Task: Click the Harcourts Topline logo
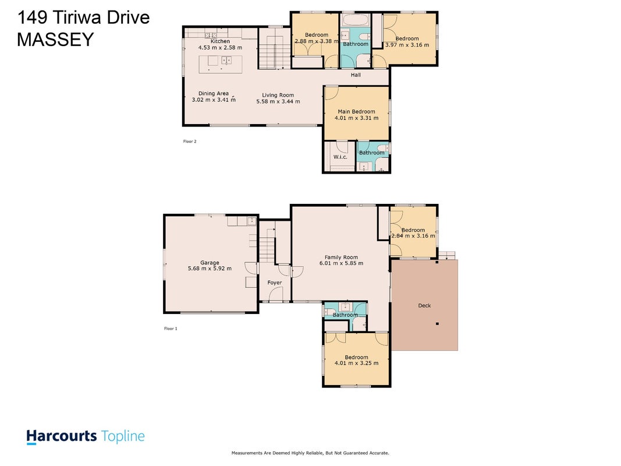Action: pyautogui.click(x=86, y=437)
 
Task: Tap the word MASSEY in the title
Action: pyautogui.click(x=55, y=39)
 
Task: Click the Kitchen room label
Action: pyautogui.click(x=220, y=41)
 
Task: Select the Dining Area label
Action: pyautogui.click(x=214, y=94)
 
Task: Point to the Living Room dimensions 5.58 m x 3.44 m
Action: pyautogui.click(x=278, y=101)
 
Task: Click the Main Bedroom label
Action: pyautogui.click(x=356, y=112)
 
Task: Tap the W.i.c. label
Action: pyautogui.click(x=340, y=157)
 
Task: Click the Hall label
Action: pyautogui.click(x=356, y=75)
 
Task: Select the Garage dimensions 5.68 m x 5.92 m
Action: pyautogui.click(x=210, y=269)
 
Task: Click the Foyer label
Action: pyautogui.click(x=275, y=283)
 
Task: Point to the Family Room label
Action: pyautogui.click(x=342, y=257)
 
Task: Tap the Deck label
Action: pyautogui.click(x=424, y=305)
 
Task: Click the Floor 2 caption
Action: pyautogui.click(x=190, y=142)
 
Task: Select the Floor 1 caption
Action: pyautogui.click(x=171, y=329)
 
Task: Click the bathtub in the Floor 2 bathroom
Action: pyautogui.click(x=356, y=20)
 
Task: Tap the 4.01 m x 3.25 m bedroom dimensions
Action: pyautogui.click(x=356, y=363)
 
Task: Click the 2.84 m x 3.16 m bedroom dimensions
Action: pyautogui.click(x=413, y=236)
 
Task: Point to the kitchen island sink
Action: pyautogui.click(x=226, y=61)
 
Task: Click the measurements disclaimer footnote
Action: pyautogui.click(x=311, y=453)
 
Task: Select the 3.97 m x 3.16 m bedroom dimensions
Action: pyautogui.click(x=407, y=45)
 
